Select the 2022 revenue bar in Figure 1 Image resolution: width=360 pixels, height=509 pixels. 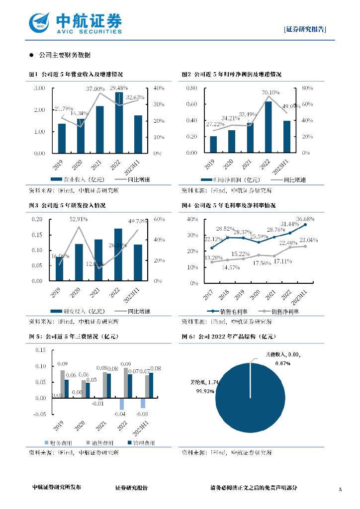tap(119, 122)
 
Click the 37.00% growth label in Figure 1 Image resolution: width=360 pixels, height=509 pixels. tap(95, 88)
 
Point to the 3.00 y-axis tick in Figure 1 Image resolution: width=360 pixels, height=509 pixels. tap(39, 88)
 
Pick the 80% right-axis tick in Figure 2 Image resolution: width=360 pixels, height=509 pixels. tap(307, 88)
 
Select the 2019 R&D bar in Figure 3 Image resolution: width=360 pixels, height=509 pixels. tap(60, 267)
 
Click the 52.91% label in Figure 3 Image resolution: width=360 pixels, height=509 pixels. tap(79, 219)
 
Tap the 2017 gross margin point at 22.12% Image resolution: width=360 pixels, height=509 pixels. tap(212, 248)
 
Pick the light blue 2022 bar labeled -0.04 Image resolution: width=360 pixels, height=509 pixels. tap(121, 404)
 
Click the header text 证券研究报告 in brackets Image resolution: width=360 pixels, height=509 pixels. tap(305, 29)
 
